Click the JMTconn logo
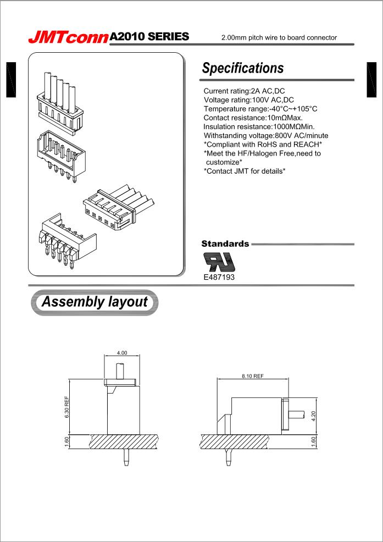(69, 37)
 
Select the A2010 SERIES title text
(149, 37)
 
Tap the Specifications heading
(243, 68)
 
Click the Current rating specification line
(244, 90)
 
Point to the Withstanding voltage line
(266, 136)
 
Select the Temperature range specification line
(260, 109)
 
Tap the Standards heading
(225, 244)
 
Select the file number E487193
(219, 278)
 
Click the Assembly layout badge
(95, 302)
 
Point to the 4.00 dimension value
(121, 352)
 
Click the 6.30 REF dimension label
(66, 407)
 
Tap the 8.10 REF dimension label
(253, 376)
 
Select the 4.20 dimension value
(314, 416)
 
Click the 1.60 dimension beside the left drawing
(66, 441)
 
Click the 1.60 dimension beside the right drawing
(314, 441)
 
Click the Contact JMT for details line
(245, 172)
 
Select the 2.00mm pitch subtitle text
(279, 38)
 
